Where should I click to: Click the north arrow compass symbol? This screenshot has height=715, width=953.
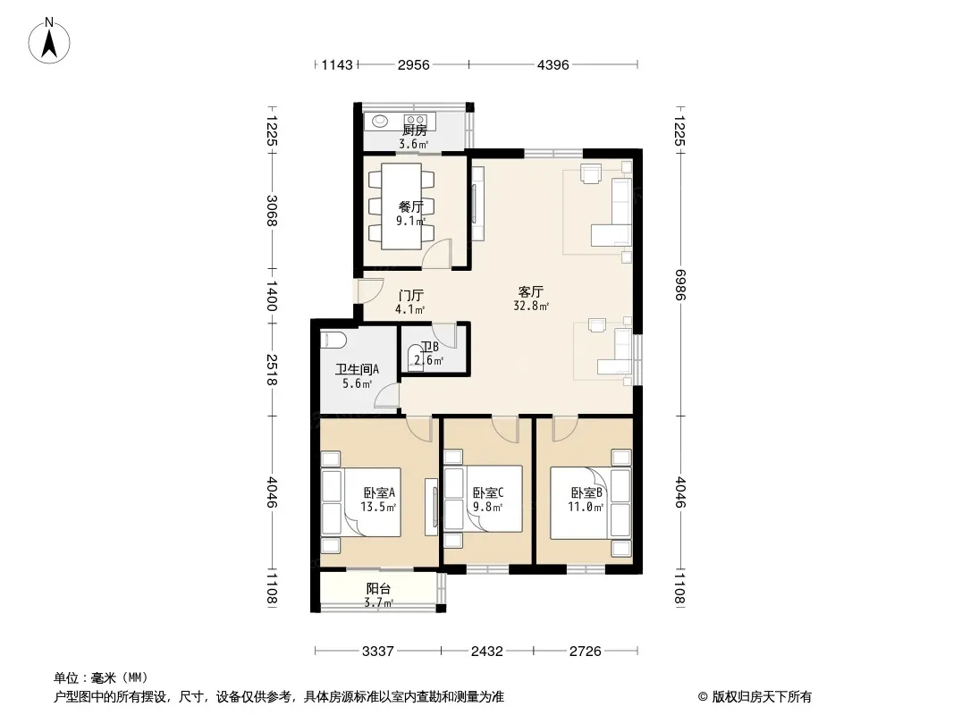pos(49,41)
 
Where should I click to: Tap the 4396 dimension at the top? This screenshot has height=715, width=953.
pos(553,65)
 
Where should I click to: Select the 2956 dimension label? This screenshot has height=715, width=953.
pos(413,65)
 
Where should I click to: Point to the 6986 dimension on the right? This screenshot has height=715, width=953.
pos(679,284)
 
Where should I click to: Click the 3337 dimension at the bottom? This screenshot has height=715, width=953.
pos(377,652)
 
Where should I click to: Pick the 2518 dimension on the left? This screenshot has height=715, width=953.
pos(271,370)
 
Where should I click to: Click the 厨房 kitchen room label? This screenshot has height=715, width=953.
pos(415,130)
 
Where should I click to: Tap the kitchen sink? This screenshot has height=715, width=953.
pos(380,121)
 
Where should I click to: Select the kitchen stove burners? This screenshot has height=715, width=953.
pos(416,120)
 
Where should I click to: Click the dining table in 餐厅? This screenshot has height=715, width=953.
pos(401,206)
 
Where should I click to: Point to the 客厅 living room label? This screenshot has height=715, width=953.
pos(531,292)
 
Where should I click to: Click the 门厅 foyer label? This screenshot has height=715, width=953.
pos(411,296)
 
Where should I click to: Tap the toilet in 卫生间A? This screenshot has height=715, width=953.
pos(332,341)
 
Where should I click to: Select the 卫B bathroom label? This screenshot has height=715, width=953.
pos(430,347)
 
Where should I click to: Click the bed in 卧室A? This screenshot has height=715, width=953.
pos(361,501)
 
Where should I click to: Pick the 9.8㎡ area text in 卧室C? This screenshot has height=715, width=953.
pos(487,506)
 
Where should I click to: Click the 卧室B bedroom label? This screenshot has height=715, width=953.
pos(586,492)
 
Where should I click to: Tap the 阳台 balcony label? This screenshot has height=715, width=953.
pos(378,589)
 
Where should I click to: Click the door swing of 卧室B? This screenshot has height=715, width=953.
pos(565,430)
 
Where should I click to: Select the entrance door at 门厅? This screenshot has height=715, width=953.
pos(369,291)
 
